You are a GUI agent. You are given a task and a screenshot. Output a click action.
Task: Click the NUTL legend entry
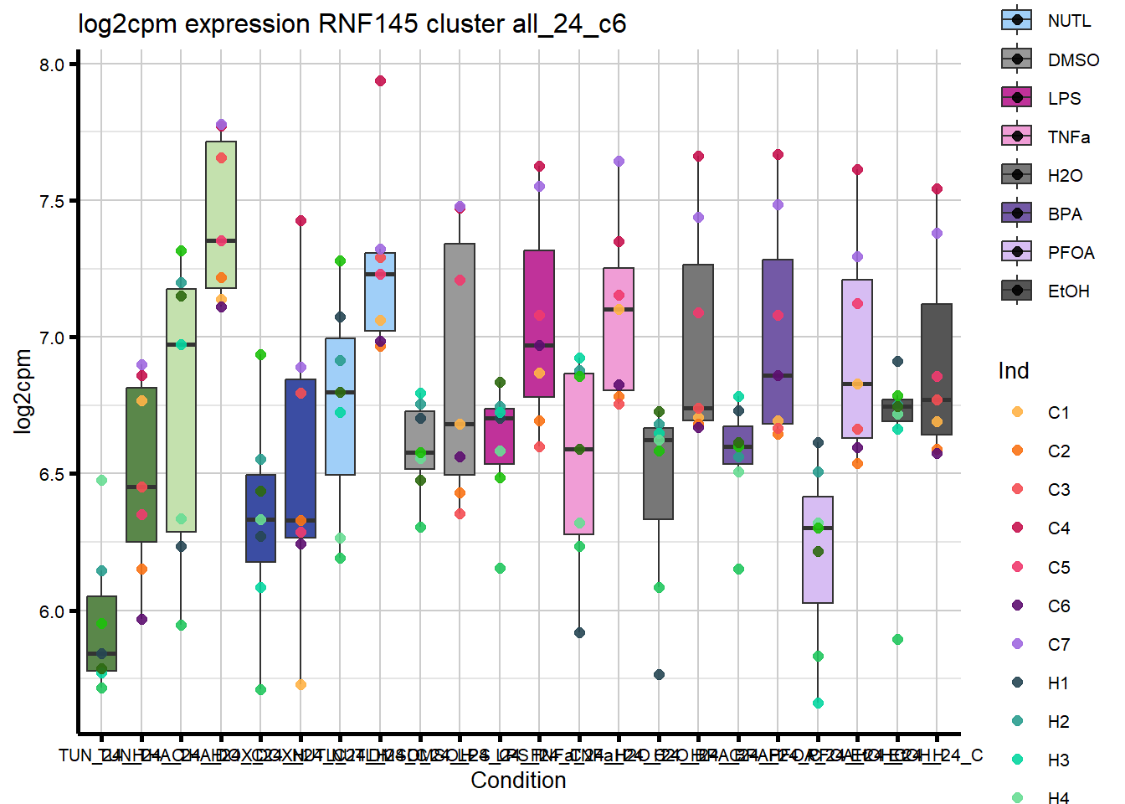click(x=1016, y=20)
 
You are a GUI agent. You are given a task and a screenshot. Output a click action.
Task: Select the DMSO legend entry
click(x=1016, y=59)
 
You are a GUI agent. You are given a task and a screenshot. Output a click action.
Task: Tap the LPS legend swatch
click(x=1016, y=97)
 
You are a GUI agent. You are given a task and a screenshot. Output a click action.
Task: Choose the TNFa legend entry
click(x=1016, y=136)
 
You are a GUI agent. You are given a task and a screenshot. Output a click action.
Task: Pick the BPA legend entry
click(x=1016, y=213)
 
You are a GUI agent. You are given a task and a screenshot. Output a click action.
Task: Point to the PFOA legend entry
click(x=1016, y=251)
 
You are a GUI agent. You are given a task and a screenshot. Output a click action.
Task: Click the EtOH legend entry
click(x=1016, y=290)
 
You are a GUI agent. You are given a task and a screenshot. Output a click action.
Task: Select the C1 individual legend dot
click(x=1017, y=412)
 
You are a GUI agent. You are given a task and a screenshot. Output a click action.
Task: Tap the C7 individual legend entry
click(x=1017, y=644)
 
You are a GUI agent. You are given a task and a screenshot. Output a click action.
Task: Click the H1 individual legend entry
click(x=1017, y=683)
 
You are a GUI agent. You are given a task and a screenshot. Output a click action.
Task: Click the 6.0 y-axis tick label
click(x=52, y=611)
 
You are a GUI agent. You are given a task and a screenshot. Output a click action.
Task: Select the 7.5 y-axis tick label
click(x=52, y=202)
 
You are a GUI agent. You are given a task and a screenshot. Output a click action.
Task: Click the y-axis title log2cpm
click(x=23, y=391)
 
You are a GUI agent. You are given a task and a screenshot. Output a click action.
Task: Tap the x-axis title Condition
click(x=518, y=781)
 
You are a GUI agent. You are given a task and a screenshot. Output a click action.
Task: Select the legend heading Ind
click(x=1013, y=371)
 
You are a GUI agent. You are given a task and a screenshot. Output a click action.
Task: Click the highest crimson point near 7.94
click(x=380, y=81)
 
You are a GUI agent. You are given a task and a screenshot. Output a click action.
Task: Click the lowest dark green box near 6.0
click(x=101, y=633)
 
